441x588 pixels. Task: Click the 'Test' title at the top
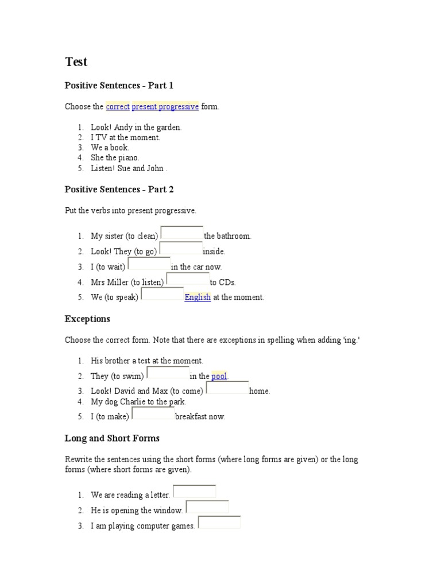pyautogui.click(x=76, y=62)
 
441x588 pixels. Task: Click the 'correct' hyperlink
pyautogui.click(x=118, y=107)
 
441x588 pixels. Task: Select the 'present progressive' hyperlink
pyautogui.click(x=165, y=107)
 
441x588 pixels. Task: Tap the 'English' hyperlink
pyautogui.click(x=198, y=297)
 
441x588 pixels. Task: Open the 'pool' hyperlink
pyautogui.click(x=219, y=376)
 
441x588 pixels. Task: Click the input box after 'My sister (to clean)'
pyautogui.click(x=182, y=233)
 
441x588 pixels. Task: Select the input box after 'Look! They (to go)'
pyautogui.click(x=181, y=249)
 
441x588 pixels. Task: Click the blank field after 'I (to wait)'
pyautogui.click(x=149, y=264)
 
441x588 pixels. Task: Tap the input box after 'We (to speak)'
pyautogui.click(x=163, y=295)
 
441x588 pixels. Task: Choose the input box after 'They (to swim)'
pyautogui.click(x=168, y=374)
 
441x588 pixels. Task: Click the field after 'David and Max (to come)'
pyautogui.click(x=227, y=389)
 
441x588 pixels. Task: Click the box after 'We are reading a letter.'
pyautogui.click(x=195, y=492)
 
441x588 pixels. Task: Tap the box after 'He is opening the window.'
pyautogui.click(x=207, y=508)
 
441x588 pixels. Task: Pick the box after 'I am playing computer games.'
pyautogui.click(x=219, y=523)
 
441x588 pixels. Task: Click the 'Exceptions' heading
pyautogui.click(x=87, y=319)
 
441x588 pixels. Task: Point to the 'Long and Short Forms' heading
pyautogui.click(x=112, y=438)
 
